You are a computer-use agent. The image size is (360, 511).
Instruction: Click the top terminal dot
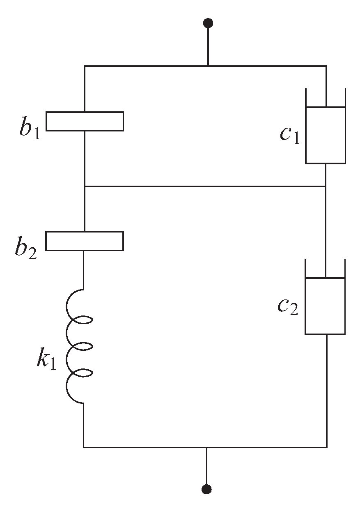[208, 23]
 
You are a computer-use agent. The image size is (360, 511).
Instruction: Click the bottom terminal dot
[207, 489]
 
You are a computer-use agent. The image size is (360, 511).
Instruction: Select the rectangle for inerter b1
[84, 121]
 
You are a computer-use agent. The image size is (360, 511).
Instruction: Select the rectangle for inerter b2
[84, 241]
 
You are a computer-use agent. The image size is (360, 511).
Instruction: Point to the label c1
[290, 134]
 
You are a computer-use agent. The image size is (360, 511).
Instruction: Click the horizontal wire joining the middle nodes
[205, 186]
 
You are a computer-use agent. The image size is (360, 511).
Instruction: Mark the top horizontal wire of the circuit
[144, 66]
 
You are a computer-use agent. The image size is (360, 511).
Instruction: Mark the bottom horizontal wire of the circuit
[144, 447]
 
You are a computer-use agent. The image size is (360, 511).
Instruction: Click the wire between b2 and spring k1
[84, 269]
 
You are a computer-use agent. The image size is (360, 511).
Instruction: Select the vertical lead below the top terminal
[208, 45]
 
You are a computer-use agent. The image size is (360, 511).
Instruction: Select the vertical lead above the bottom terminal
[207, 466]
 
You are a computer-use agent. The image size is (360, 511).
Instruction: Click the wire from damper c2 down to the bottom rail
[326, 390]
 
